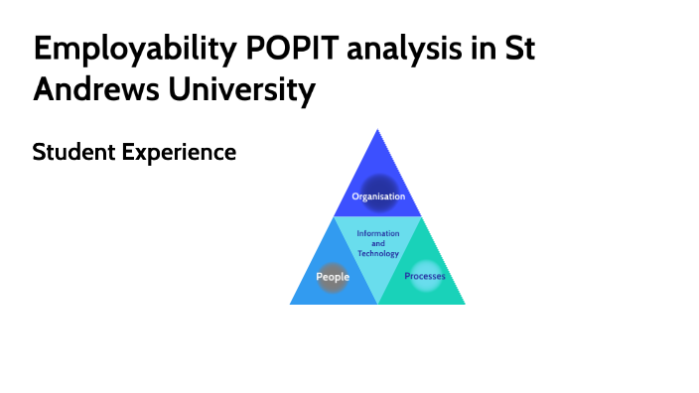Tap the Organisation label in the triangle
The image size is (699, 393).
pyautogui.click(x=378, y=196)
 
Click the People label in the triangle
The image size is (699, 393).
pyautogui.click(x=333, y=277)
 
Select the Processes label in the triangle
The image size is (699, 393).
pyautogui.click(x=424, y=275)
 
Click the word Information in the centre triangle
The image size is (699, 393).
pyautogui.click(x=378, y=233)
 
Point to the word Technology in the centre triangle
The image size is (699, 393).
pyautogui.click(x=378, y=253)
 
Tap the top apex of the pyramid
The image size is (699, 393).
pyautogui.click(x=377, y=129)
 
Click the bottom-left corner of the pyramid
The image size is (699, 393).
pyautogui.click(x=291, y=303)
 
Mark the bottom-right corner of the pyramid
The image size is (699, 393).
pyautogui.click(x=464, y=303)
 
